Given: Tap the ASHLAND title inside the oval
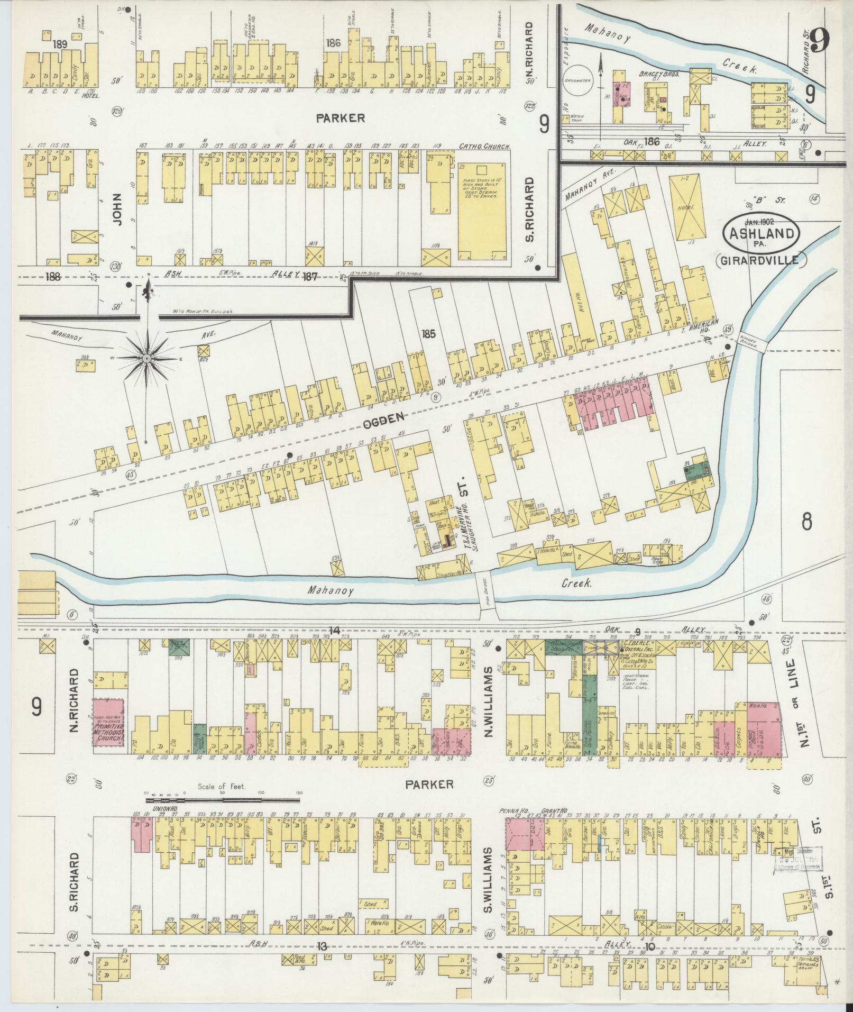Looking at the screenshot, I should (x=762, y=233).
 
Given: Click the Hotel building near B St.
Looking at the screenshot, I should (x=687, y=208).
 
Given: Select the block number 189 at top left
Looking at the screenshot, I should (x=60, y=44).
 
